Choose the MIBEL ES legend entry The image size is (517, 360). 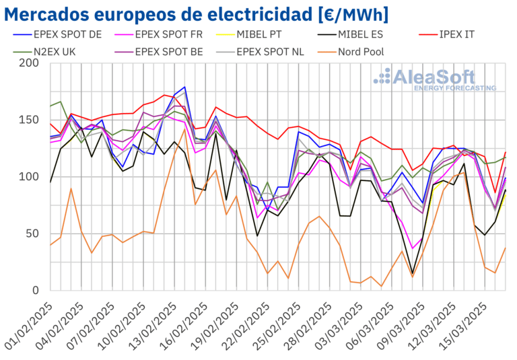click(363, 34)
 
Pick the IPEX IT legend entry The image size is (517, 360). click(453, 34)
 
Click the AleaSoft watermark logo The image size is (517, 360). click(435, 78)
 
